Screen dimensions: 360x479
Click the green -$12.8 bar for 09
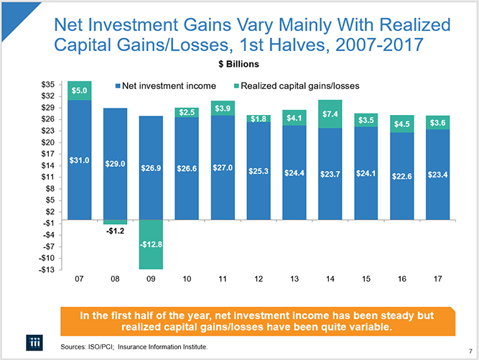151,244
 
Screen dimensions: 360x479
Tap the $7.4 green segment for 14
330,114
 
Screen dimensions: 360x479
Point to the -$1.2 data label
115,231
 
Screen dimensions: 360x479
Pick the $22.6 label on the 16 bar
401,177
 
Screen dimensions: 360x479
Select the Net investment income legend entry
165,86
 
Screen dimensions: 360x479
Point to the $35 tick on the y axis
49,84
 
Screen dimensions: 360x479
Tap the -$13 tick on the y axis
47,269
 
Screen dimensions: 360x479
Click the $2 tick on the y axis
50,211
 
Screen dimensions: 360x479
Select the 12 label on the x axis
259,278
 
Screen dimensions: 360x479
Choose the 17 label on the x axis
437,278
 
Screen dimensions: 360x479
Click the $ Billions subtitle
239,64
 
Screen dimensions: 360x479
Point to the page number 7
470,353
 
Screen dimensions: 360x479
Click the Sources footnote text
134,347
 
